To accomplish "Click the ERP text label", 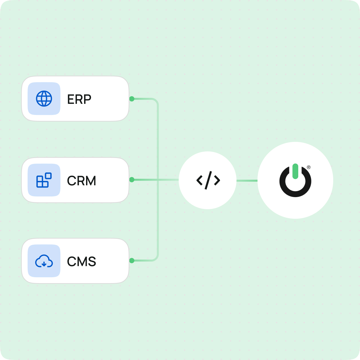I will pos(79,99).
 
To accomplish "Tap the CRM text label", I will pos(81,181).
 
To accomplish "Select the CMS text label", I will pos(81,262).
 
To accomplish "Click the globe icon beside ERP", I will pos(44,99).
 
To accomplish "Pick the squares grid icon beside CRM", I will pos(44,180).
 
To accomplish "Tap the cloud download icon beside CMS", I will pos(44,261).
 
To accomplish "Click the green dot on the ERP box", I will pos(132,99).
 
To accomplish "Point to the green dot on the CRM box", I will pos(132,180).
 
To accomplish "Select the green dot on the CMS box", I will pos(132,260).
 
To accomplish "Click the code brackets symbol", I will pos(208,180).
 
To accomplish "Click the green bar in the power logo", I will pos(295,171).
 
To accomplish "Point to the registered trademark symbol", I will pos(308,168).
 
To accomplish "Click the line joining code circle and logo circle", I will pos(247,180).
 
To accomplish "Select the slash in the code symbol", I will pos(208,180).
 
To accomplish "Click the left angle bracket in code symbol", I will pos(199,180).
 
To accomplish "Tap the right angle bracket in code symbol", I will pos(217,180).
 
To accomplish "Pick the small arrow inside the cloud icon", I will pos(44,264).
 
